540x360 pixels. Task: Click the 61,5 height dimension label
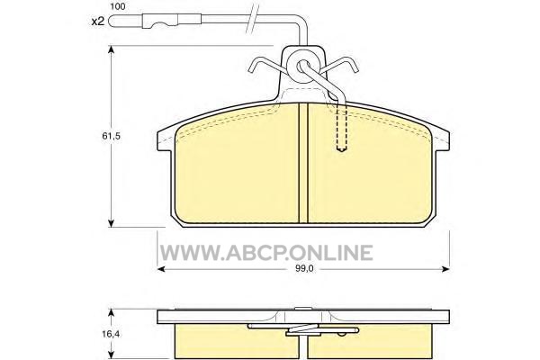(x=111, y=136)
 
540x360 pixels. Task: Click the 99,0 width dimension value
(x=304, y=269)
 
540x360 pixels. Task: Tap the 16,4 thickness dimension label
(x=111, y=334)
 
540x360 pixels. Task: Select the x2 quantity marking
(x=98, y=22)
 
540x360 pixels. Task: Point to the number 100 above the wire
(x=118, y=6)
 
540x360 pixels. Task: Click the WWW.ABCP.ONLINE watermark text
(x=266, y=253)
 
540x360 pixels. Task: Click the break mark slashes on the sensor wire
(x=253, y=19)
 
